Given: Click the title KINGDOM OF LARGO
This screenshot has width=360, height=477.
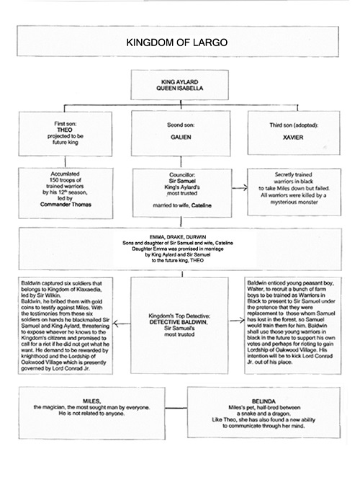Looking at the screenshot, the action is click(x=177, y=43).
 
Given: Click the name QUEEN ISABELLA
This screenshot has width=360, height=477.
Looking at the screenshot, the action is click(x=180, y=88).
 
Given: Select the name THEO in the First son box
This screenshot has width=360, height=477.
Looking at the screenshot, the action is click(x=65, y=130).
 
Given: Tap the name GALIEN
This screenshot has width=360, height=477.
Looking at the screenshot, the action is click(x=181, y=137).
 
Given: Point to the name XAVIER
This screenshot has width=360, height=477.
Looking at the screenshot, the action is click(x=293, y=138).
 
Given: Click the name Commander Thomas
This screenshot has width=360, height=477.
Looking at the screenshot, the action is click(x=66, y=205).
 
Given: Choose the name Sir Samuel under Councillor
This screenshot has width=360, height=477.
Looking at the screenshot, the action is click(x=182, y=181).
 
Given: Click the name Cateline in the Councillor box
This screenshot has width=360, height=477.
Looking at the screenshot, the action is click(x=202, y=205).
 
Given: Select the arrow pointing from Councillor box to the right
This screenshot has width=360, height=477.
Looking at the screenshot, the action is click(x=240, y=188).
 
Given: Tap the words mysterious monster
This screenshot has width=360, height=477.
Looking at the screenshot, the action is click(x=294, y=202).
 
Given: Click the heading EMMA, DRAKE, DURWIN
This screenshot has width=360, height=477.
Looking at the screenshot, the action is click(x=178, y=237).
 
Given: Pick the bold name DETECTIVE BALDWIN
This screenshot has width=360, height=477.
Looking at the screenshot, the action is click(x=179, y=322).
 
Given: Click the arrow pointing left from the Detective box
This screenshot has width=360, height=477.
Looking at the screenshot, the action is click(x=122, y=324).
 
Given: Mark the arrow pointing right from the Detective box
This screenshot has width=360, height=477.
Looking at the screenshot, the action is click(x=237, y=320).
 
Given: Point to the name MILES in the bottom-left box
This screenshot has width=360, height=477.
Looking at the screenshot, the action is click(x=92, y=401).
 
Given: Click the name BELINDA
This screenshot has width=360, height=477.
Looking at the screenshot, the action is click(x=264, y=401).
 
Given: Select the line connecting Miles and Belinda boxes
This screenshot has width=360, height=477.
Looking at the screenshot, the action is click(x=176, y=408).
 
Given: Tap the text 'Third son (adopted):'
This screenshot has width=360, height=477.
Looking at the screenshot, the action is click(x=294, y=125).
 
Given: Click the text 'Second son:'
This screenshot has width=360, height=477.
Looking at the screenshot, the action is click(x=181, y=125).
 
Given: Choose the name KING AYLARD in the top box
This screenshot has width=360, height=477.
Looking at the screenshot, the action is click(x=180, y=82).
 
